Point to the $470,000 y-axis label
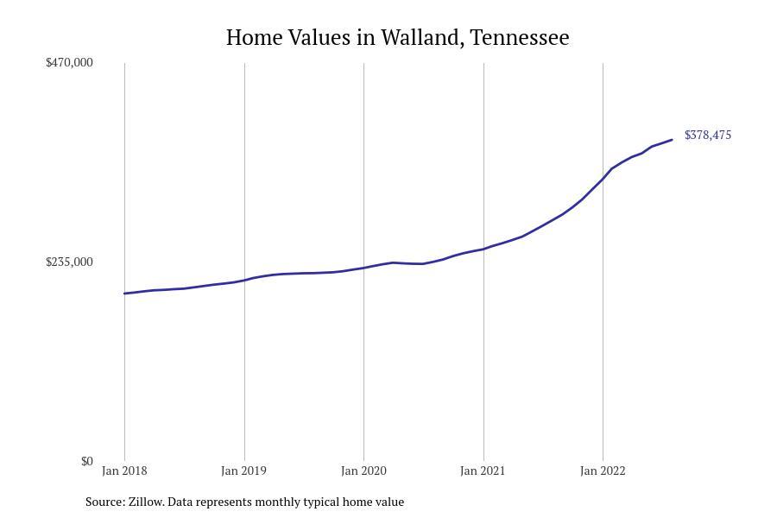click(69, 62)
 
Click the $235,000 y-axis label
click(69, 262)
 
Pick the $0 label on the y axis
click(86, 461)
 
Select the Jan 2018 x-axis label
click(124, 471)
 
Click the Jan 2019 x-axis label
click(243, 471)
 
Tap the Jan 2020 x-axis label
click(363, 471)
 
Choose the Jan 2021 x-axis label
click(483, 471)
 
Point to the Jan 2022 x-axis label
click(603, 471)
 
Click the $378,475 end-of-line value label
click(708, 135)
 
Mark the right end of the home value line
click(672, 140)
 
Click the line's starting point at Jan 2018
click(124, 294)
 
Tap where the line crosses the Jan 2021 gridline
click(483, 249)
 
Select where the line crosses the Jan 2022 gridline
click(603, 178)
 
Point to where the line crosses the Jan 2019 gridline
click(244, 280)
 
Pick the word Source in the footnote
click(104, 502)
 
